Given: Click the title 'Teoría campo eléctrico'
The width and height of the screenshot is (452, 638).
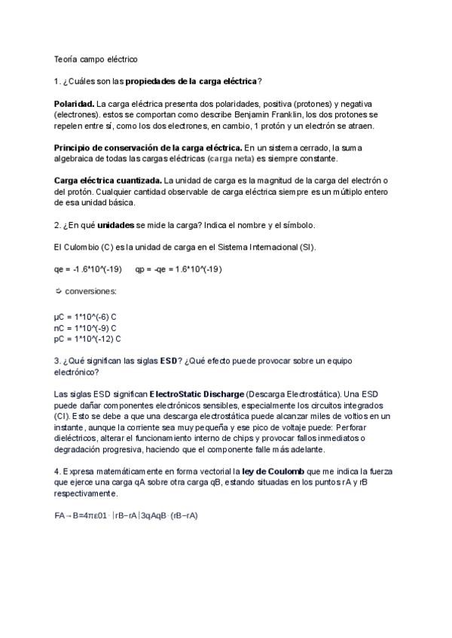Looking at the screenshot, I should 95,58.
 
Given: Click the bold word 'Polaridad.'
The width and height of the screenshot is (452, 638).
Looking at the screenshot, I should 74,102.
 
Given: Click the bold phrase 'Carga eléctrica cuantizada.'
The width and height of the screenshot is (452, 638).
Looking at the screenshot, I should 108,181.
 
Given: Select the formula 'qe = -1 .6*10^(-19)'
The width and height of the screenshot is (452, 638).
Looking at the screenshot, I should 88,269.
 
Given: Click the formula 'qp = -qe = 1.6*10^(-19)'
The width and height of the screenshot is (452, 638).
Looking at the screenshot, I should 179,269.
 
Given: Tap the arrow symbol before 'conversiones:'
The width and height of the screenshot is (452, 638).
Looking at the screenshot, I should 58,290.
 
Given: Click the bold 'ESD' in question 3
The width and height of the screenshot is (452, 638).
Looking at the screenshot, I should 169,361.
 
